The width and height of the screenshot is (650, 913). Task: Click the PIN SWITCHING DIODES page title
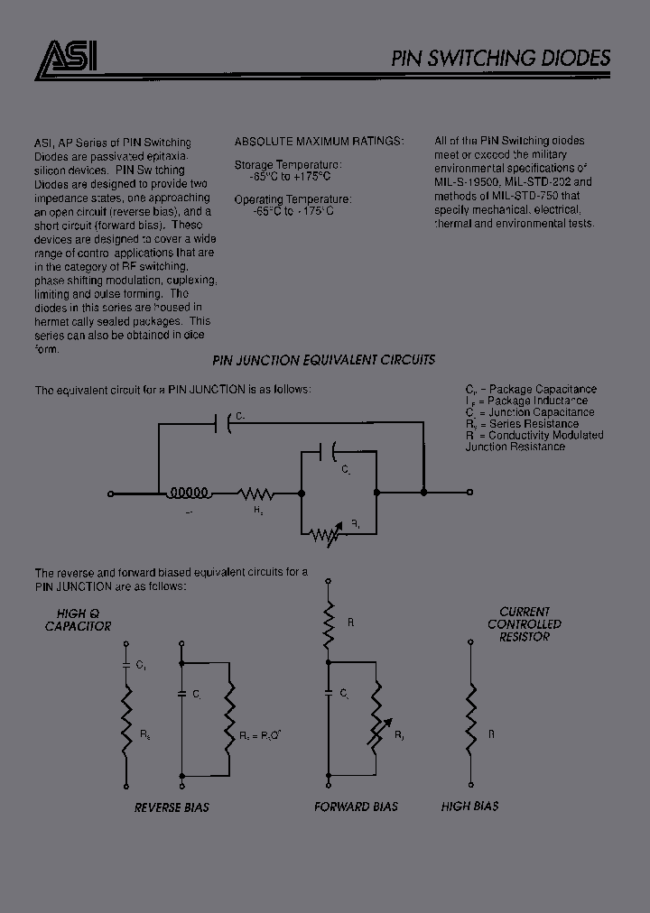501,59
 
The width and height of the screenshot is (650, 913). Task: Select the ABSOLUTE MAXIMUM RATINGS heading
320,142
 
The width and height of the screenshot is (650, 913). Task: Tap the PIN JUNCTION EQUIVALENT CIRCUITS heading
323,360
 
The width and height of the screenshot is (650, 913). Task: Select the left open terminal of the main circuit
110,493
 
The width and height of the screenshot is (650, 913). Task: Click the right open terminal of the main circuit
469,493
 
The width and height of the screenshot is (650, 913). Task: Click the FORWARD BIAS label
356,807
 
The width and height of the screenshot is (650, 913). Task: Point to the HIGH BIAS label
469,807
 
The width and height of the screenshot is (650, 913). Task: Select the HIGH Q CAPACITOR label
79,620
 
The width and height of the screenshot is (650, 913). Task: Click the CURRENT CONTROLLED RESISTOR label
525,623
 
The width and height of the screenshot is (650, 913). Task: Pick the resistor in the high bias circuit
469,710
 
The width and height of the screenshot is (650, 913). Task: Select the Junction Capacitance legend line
529,412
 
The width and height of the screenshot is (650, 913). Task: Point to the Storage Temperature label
288,165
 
